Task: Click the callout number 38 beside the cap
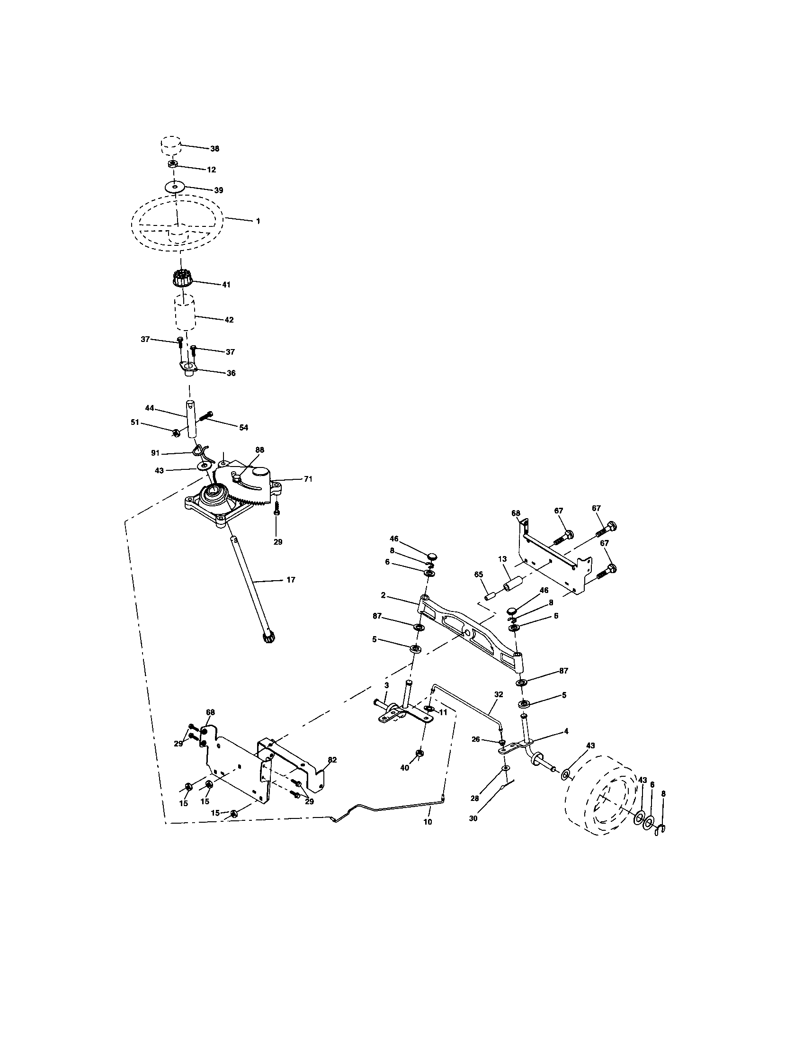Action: coord(214,149)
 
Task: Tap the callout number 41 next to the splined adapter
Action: coord(225,285)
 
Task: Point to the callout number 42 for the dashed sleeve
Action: coord(229,320)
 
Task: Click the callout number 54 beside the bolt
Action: coord(243,428)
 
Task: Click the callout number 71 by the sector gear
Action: coord(308,479)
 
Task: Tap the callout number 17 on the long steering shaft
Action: coord(291,580)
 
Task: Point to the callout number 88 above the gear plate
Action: coord(259,450)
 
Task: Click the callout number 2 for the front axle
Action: coord(383,596)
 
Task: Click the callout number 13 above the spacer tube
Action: coord(502,559)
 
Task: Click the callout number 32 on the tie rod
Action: coord(498,695)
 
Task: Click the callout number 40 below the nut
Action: coord(404,768)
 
